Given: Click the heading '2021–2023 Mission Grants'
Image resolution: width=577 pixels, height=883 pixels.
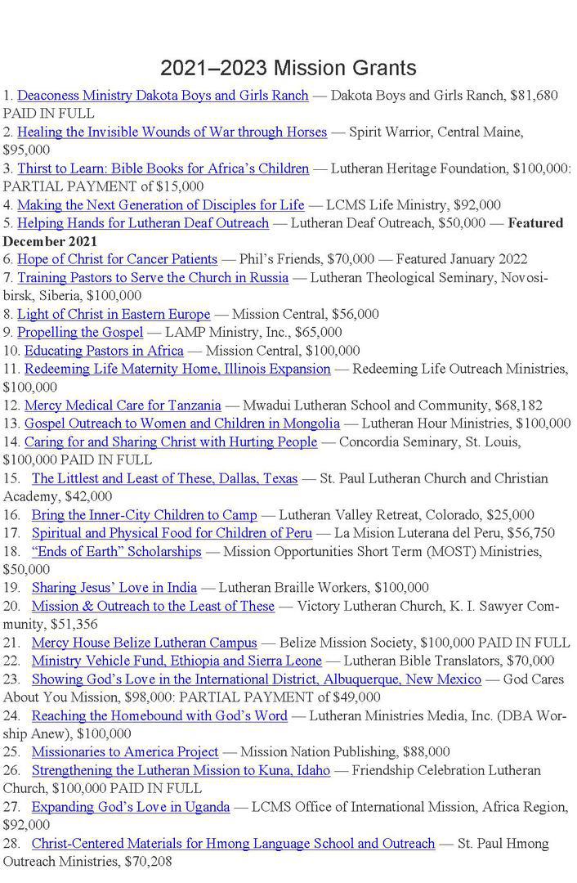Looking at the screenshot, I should coord(288,67).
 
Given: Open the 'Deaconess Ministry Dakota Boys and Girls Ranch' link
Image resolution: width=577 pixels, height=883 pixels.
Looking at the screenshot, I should coord(163,96).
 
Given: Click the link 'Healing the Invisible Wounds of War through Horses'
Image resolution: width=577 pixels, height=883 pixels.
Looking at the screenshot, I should coord(172,132).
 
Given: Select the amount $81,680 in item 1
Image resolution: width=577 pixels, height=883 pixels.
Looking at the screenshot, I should coord(534,96).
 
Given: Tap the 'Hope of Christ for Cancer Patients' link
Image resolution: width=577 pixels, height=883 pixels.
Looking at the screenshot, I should coord(117,259).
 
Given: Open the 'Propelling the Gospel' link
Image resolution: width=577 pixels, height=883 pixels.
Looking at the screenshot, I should coord(80,332).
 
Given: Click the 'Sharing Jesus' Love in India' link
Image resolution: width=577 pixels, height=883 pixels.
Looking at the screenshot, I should coord(114,588).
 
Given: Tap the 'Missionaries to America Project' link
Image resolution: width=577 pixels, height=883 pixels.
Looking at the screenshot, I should coord(125,752).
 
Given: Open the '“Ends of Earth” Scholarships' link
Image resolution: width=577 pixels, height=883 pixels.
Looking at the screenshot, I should coord(116,552).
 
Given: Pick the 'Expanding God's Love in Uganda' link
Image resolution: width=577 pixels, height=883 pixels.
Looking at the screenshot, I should coord(131,807).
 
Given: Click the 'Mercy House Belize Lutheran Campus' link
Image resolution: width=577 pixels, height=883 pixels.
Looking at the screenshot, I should coord(144,643).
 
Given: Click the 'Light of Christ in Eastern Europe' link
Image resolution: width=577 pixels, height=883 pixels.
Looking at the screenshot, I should coord(114,314).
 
